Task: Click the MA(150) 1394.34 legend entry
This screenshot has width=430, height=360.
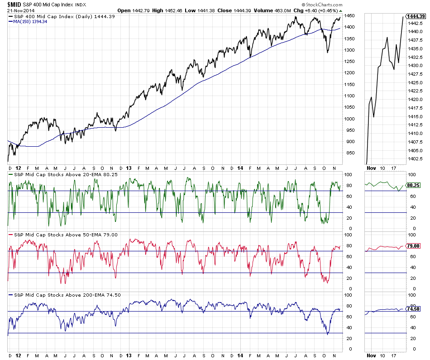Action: point(30,21)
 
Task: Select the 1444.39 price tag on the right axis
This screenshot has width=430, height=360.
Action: point(416,16)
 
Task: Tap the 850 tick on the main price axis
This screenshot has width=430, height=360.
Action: point(349,154)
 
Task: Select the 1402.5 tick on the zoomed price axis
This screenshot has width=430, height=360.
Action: point(416,158)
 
